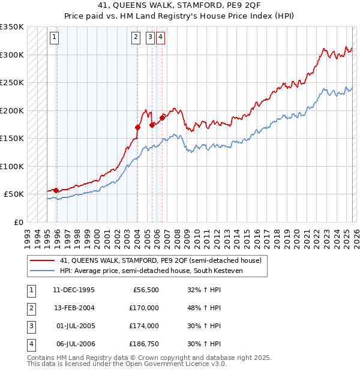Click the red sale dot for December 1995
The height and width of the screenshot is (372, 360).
(56, 190)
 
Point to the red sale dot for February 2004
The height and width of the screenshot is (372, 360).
(137, 127)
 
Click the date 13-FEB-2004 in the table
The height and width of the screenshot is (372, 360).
(74, 308)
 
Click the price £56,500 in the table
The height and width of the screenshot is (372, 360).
(146, 290)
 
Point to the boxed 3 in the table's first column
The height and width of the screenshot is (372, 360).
(30, 326)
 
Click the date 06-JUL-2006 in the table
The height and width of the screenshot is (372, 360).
(74, 344)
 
